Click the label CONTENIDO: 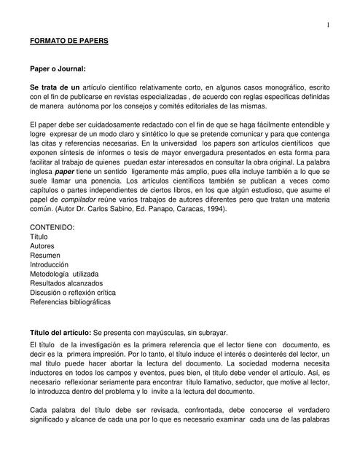(52, 228)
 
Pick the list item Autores (42, 246)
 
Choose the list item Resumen (45, 256)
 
